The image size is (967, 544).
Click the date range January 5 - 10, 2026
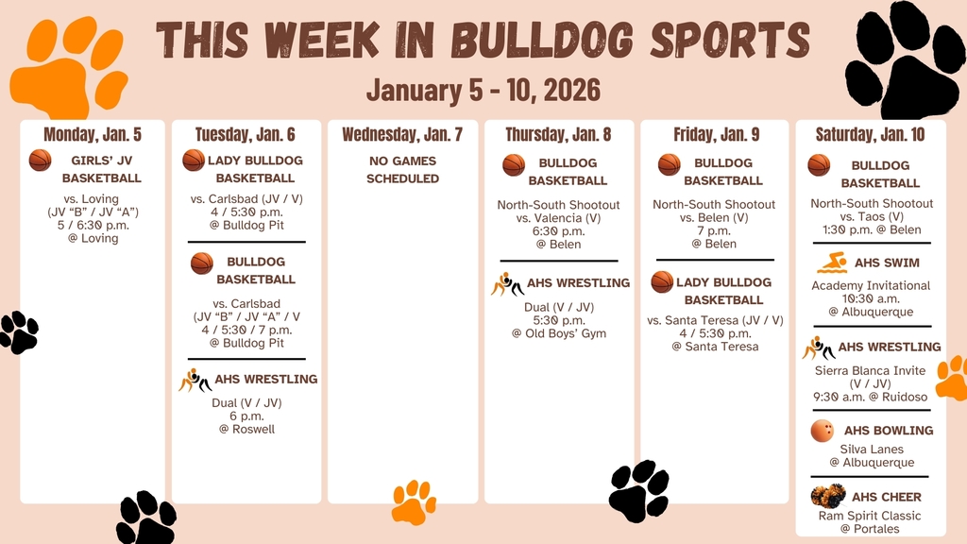[483, 90]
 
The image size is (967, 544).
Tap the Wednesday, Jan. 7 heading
[402, 134]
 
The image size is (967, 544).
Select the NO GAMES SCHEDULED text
[402, 169]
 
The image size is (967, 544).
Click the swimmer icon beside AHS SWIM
[832, 263]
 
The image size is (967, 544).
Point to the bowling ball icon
[823, 431]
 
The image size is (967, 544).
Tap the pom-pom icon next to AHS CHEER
[827, 496]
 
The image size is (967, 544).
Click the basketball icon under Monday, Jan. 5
[40, 161]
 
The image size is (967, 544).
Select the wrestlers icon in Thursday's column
[507, 283]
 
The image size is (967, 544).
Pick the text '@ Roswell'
[246, 429]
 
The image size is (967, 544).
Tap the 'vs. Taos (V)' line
[871, 216]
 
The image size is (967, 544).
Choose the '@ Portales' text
[871, 529]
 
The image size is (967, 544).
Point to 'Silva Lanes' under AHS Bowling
[871, 449]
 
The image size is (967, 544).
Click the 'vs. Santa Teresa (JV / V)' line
[715, 320]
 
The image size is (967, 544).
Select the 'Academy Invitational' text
[871, 285]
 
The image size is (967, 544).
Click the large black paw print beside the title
[904, 59]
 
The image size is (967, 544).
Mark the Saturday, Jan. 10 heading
[871, 134]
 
